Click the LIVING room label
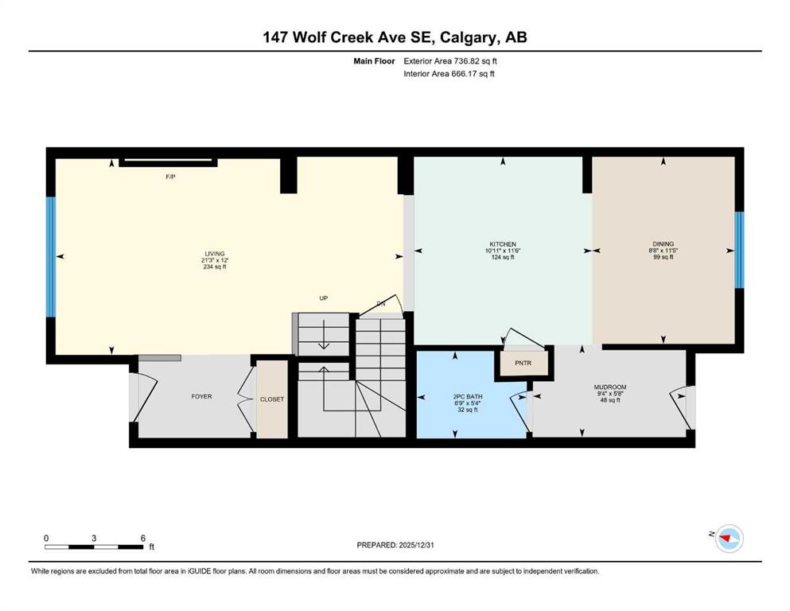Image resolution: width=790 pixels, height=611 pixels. coord(215,254)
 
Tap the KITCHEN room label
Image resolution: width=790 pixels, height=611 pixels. coord(502,244)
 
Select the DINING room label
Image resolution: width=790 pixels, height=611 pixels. coord(663,243)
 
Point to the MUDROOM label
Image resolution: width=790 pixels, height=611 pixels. coord(609,387)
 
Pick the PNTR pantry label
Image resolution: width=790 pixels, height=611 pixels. coord(523,363)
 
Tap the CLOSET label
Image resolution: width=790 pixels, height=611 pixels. coord(272,399)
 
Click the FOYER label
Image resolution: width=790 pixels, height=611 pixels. coord(201,397)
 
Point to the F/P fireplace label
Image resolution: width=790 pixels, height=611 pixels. coord(170,177)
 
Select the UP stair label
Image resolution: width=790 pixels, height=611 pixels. coord(324,298)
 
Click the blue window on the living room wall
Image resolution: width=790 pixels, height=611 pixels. coord(51,257)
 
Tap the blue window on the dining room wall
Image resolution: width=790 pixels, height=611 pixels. coord(739,250)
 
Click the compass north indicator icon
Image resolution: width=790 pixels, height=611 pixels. coord(730,539)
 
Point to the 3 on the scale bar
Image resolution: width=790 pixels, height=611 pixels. coord(94,539)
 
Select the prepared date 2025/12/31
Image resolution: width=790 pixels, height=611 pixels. coord(416,545)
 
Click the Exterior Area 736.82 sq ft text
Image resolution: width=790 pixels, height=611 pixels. coord(450,61)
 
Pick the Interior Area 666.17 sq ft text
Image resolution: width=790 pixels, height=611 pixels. coord(449,73)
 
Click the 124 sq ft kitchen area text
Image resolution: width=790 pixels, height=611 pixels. coord(502,258)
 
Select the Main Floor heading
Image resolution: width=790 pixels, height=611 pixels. coord(374,61)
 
